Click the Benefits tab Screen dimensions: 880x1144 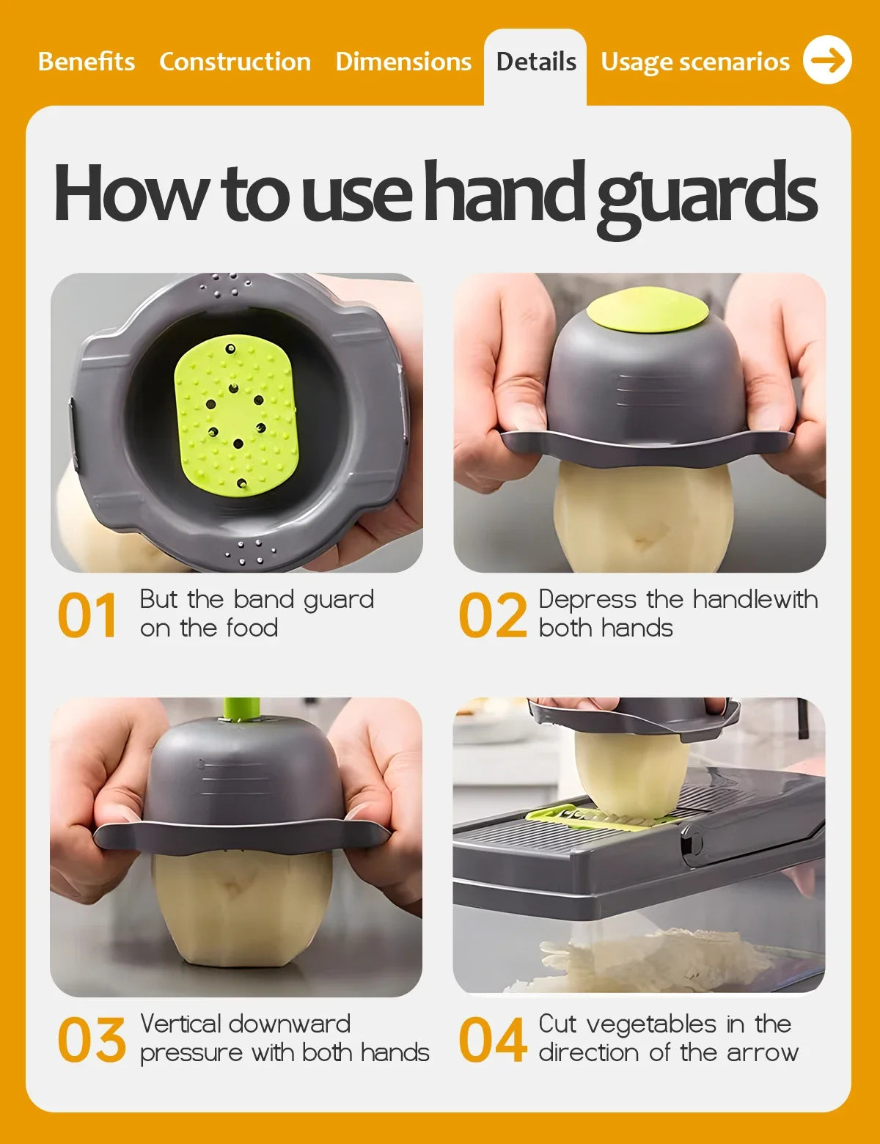(x=87, y=62)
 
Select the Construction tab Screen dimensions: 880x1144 (x=235, y=62)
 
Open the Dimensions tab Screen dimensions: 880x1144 (x=403, y=62)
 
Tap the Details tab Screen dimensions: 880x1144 (x=536, y=62)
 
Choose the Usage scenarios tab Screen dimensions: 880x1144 (x=694, y=62)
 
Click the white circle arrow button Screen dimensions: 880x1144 (x=827, y=59)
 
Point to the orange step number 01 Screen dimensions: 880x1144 (x=87, y=615)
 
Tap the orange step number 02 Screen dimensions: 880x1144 (x=493, y=615)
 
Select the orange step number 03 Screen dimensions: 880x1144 (x=92, y=1040)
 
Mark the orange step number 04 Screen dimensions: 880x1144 (x=493, y=1040)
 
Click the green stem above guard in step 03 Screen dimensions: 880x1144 (x=241, y=709)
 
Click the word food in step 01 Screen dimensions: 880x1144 (x=252, y=628)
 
